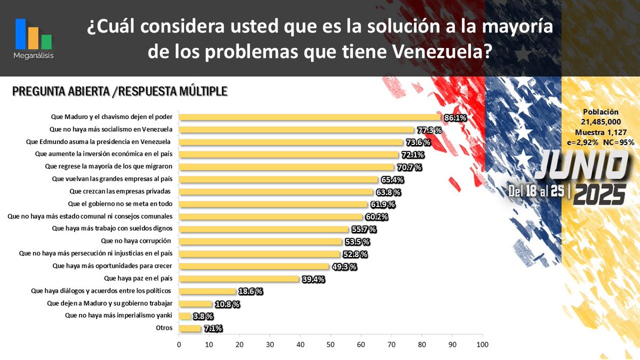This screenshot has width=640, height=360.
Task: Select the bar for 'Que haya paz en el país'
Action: click(x=239, y=278)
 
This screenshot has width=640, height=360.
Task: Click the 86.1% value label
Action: click(x=454, y=118)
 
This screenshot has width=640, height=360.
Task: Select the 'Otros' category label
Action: click(x=164, y=328)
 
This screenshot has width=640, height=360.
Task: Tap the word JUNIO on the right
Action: click(x=580, y=166)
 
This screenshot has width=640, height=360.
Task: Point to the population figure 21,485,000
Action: click(x=601, y=122)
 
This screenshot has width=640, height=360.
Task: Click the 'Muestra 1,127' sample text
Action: click(x=601, y=132)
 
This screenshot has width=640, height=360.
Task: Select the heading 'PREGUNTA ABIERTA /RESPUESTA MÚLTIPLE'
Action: click(x=120, y=92)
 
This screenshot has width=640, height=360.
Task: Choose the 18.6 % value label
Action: click(x=250, y=291)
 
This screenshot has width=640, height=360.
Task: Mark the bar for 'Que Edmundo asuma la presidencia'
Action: click(x=291, y=142)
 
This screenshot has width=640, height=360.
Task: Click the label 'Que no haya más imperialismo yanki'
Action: click(x=118, y=315)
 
